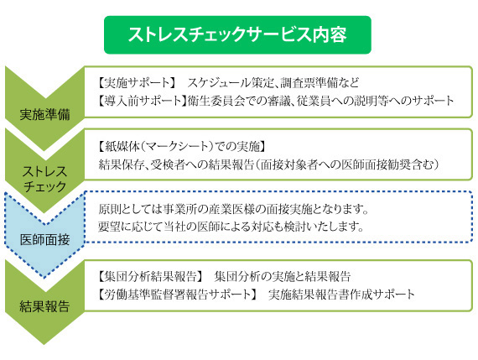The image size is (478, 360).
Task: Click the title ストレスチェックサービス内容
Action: coord(237,34)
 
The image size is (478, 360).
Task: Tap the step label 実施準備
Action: coord(44,114)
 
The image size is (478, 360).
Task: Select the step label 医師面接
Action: coord(44,240)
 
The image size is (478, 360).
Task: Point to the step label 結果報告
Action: coord(44,306)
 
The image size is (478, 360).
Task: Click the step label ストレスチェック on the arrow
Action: coord(44,179)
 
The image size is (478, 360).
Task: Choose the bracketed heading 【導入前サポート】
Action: coord(142,101)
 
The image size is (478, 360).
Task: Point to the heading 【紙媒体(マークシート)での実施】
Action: coord(182,147)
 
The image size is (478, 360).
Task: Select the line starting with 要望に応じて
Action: coord(231,227)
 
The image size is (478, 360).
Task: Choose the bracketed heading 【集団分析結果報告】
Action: coord(150,276)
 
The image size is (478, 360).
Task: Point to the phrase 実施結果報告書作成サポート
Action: coord(341,294)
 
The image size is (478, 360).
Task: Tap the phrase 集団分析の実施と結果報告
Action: coord(283,276)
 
